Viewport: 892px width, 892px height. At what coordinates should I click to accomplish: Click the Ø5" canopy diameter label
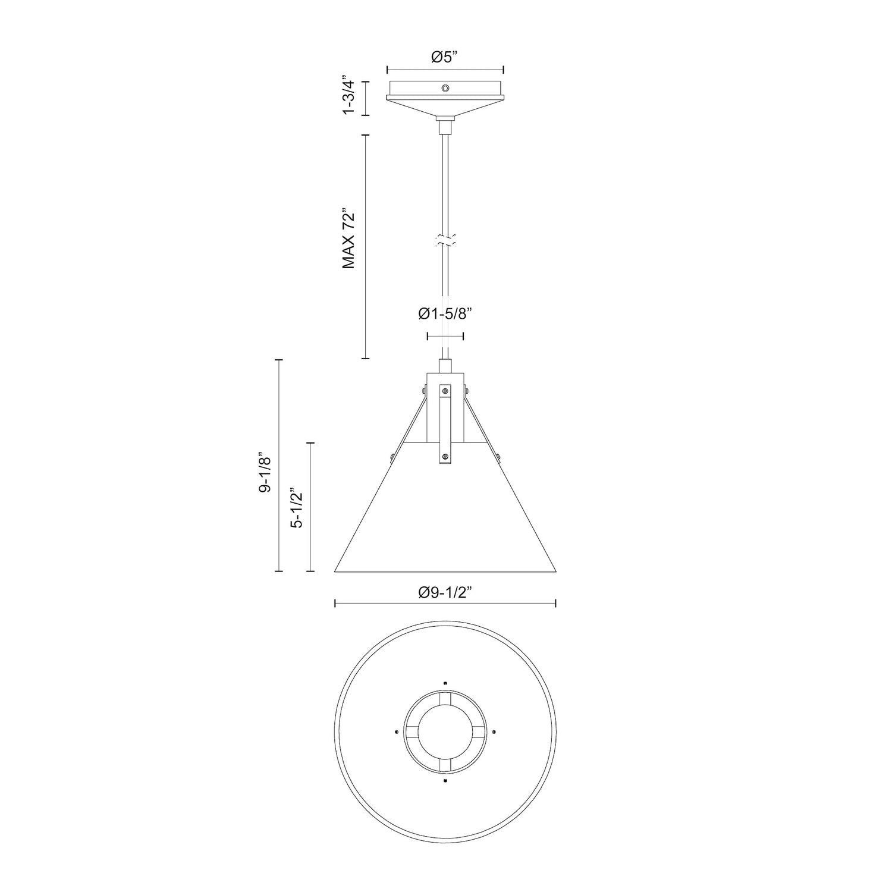coord(445,57)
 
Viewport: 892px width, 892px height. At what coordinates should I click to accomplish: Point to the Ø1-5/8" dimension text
coord(445,314)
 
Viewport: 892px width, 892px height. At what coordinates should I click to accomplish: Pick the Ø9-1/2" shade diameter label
coord(445,592)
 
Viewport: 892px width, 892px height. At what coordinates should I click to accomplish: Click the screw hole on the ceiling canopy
coord(445,88)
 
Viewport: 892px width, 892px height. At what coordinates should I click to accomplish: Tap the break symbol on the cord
coord(445,241)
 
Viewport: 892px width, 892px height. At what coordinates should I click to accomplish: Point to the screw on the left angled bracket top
coord(422,391)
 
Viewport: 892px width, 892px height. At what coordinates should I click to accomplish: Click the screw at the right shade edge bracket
coord(498,457)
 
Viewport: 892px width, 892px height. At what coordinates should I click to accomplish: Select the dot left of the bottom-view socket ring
coord(396,731)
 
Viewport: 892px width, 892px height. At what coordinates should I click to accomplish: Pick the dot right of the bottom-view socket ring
coord(495,731)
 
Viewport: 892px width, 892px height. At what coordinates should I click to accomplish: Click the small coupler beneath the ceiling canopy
coord(445,127)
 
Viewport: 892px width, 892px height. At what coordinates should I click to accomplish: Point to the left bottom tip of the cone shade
coord(337,571)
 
